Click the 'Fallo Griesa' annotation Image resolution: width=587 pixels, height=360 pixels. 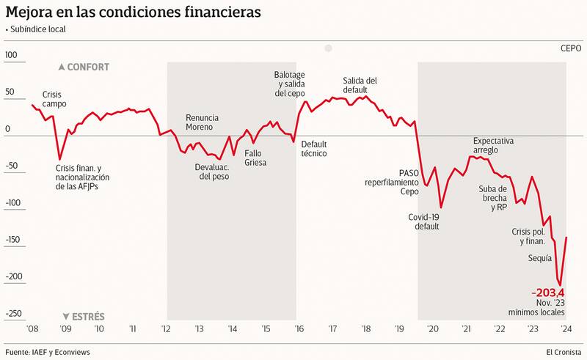point(255,158)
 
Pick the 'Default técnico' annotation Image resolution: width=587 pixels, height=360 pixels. point(314,149)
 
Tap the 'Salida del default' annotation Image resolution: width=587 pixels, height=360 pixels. point(360,85)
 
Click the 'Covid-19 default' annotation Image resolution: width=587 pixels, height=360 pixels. point(423,221)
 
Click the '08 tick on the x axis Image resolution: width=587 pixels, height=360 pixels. point(32,329)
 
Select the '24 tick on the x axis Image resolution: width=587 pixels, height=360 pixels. point(565,329)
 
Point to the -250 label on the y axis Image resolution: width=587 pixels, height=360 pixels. point(12,313)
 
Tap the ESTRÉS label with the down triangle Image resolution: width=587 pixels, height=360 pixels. point(83,317)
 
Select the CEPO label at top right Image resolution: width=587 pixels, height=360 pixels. point(570,48)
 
